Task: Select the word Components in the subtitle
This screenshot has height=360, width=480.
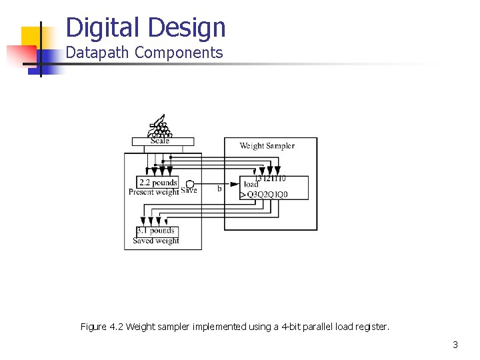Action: [x=179, y=53]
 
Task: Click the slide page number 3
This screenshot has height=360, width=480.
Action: [x=455, y=345]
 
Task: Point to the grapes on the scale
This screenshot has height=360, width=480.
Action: [x=160, y=128]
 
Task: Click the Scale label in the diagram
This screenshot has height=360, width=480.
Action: [x=161, y=141]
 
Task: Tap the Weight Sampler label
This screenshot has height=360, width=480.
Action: [x=267, y=146]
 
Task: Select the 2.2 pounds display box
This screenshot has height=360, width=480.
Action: [x=157, y=183]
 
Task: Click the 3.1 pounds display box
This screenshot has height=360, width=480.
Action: [x=155, y=231]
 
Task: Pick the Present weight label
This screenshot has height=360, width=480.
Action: [x=153, y=192]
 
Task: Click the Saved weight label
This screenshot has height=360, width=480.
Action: [x=155, y=241]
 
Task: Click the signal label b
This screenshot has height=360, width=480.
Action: [x=219, y=189]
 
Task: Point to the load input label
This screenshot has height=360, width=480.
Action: [x=251, y=185]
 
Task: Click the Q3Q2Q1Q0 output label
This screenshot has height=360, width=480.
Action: [x=268, y=195]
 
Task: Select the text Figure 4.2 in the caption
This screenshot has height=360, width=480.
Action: [x=102, y=327]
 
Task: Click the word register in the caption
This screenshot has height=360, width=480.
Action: [x=371, y=327]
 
